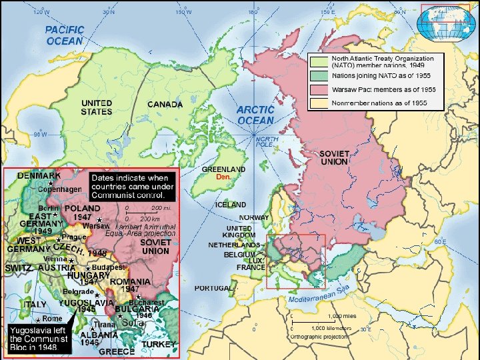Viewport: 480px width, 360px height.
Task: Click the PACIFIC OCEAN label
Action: click(65, 35)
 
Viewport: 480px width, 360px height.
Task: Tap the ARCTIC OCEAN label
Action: click(255, 115)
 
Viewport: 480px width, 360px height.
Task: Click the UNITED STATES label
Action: click(97, 107)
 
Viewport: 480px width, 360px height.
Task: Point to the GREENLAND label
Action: click(224, 170)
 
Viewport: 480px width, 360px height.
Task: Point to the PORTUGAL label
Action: click(213, 288)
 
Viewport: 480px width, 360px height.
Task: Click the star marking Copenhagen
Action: click(50, 182)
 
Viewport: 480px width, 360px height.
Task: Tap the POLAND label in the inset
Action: click(82, 209)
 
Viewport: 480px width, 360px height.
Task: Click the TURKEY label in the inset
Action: click(160, 344)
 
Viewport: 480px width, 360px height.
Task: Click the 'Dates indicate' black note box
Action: click(132, 187)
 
